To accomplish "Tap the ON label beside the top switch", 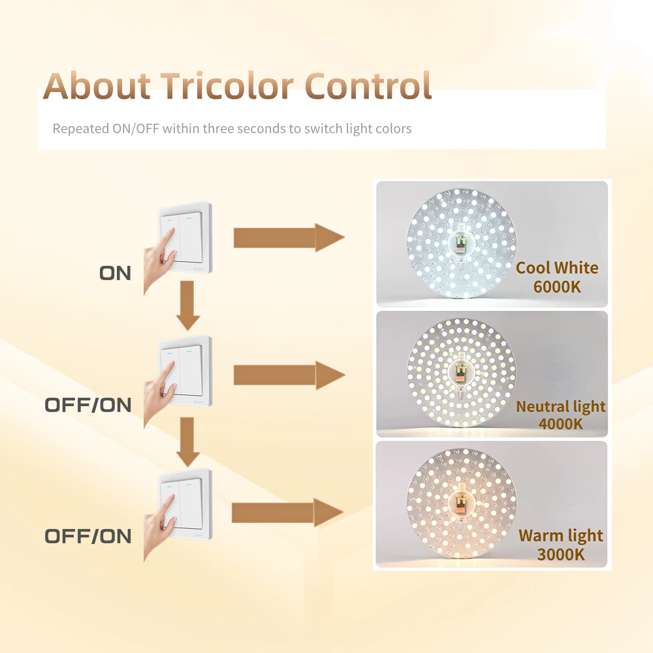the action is coord(115,273).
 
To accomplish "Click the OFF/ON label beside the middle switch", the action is coord(88,406).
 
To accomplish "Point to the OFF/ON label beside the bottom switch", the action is coord(88,536).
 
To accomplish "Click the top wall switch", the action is coord(185,238).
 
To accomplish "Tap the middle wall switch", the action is coord(185,371).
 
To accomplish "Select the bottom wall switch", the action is coord(185,504).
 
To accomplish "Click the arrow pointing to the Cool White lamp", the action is coord(289,238).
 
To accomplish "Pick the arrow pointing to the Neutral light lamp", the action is coord(289,375).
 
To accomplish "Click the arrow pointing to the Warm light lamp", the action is coord(287,513).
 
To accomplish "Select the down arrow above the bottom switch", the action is coord(188,442).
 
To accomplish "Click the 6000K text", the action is coord(557,287).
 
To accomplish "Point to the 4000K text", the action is coord(560,424).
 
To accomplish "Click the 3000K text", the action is coord(560,554).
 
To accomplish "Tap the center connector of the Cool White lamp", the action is coord(461,243).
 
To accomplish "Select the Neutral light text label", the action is coord(560,406).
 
